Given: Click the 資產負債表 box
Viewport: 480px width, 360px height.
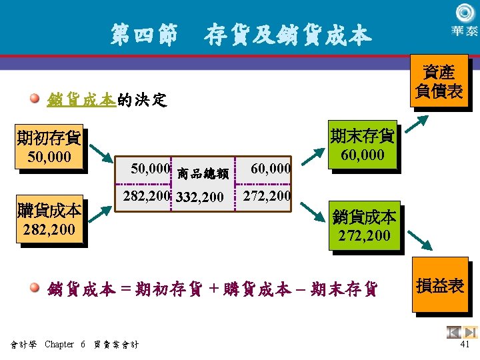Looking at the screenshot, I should (x=439, y=81).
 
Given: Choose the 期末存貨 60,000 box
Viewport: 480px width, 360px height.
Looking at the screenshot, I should (x=363, y=145).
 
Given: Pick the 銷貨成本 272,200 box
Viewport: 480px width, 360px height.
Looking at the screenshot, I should (x=365, y=225).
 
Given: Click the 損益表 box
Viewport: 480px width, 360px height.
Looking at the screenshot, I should (x=439, y=286).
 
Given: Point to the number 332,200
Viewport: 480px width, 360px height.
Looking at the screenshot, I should (x=200, y=197).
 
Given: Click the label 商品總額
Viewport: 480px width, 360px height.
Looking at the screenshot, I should (x=203, y=174).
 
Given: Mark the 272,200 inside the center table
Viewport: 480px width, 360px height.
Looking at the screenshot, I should (x=267, y=196).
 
